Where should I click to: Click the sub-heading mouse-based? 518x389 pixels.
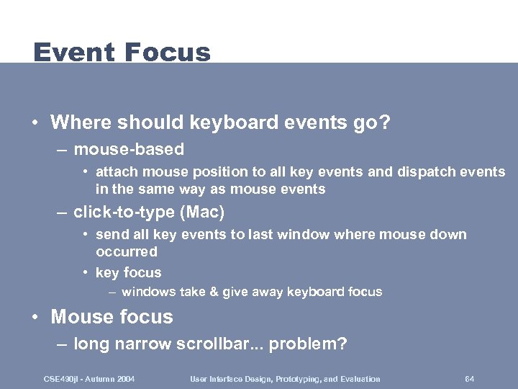tap(129, 150)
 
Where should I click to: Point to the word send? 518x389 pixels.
tap(112, 235)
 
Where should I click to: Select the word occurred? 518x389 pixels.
tap(126, 251)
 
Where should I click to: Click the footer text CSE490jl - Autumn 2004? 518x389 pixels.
tap(89, 379)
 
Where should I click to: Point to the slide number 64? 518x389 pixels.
tap(469, 379)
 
